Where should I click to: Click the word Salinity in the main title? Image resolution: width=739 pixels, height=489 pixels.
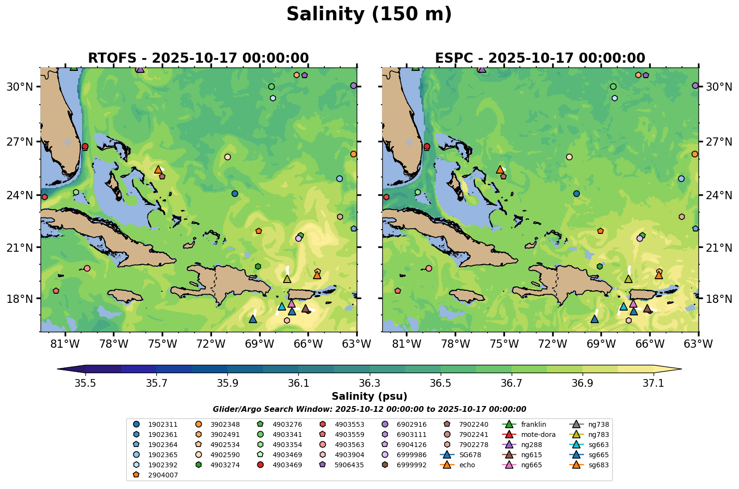click(x=322, y=14)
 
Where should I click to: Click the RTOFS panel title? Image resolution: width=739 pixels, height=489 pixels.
click(x=198, y=58)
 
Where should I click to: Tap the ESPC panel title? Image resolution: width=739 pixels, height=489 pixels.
click(x=540, y=58)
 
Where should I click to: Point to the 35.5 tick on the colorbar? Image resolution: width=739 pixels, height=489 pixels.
click(x=85, y=383)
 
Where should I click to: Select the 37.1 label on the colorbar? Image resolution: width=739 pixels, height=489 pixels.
click(x=654, y=383)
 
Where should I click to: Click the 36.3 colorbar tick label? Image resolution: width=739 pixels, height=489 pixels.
click(x=369, y=383)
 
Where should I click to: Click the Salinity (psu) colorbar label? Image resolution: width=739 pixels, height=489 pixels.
click(x=369, y=396)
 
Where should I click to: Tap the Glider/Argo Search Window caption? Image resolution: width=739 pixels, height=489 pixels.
click(x=369, y=409)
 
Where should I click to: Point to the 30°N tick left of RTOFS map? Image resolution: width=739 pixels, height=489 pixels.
click(x=19, y=87)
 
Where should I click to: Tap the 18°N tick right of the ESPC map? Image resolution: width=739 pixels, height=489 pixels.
click(x=719, y=299)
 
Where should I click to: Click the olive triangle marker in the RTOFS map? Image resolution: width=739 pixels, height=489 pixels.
click(x=287, y=279)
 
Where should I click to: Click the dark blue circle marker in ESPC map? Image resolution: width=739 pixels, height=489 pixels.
click(x=576, y=193)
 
